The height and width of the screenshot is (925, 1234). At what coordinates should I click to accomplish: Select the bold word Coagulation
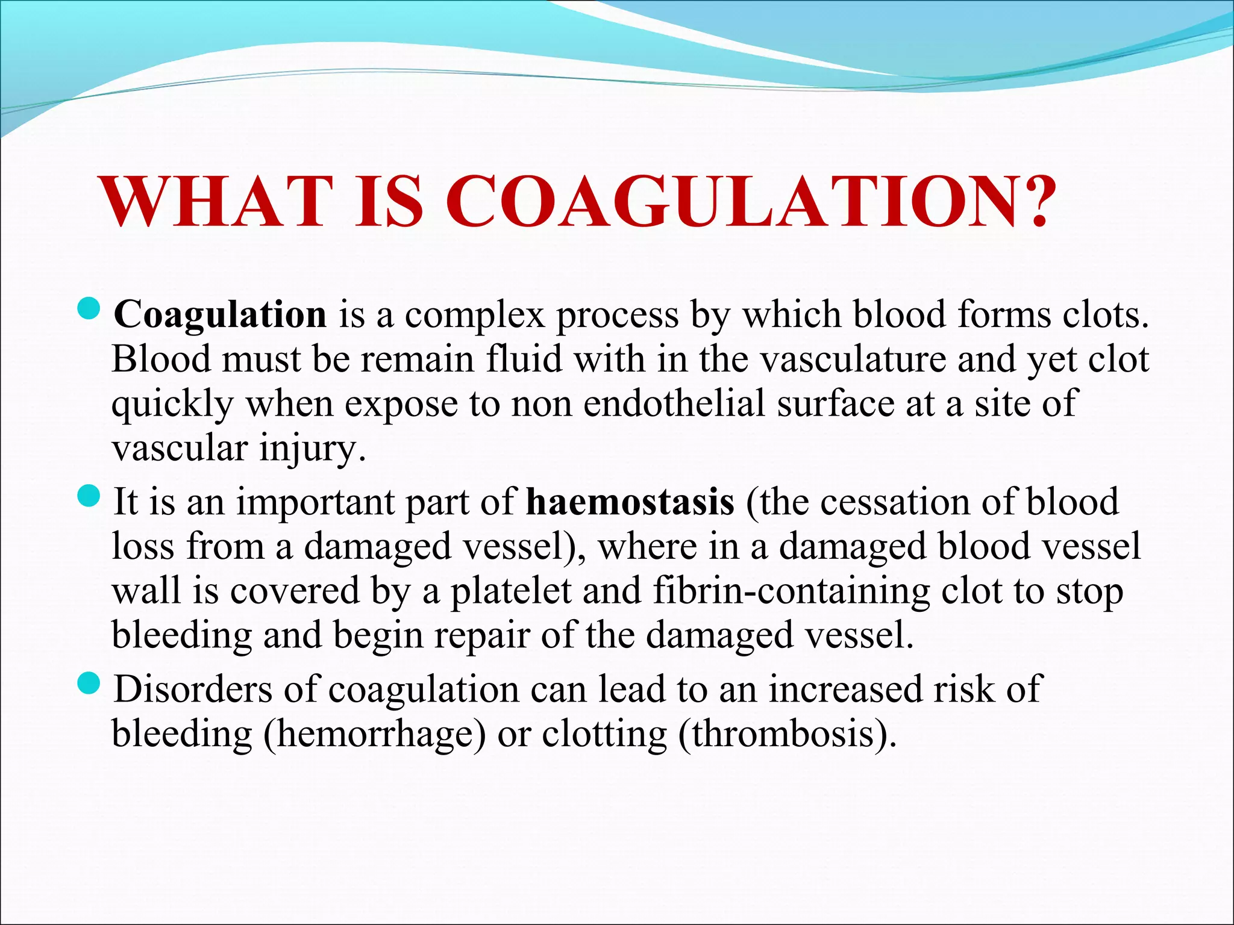point(221,315)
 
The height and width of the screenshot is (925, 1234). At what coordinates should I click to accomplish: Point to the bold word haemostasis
point(630,502)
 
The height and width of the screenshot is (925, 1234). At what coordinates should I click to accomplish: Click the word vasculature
point(852,360)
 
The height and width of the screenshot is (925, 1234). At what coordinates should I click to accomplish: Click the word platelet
point(511,591)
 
